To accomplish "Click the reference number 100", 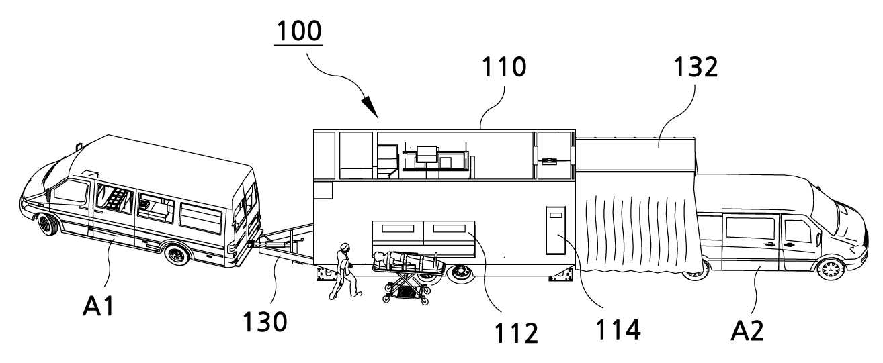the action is [x=299, y=31].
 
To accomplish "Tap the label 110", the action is [x=504, y=67].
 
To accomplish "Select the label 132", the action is [x=696, y=67].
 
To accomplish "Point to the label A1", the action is [x=99, y=307].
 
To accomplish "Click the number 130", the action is [x=265, y=322].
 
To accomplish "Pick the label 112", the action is [x=516, y=333].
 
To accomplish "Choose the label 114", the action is [x=618, y=329].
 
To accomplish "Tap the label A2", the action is [x=747, y=331].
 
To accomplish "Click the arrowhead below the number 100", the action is [x=370, y=107].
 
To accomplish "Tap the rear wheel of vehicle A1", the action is [x=177, y=255].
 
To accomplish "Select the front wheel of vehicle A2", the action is [x=831, y=268].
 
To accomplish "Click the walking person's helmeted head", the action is [x=345, y=247].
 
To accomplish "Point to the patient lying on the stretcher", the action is [x=406, y=260].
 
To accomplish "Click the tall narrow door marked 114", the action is [x=556, y=230].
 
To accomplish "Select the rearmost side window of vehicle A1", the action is [x=201, y=219].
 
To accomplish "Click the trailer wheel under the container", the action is [x=460, y=273].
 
